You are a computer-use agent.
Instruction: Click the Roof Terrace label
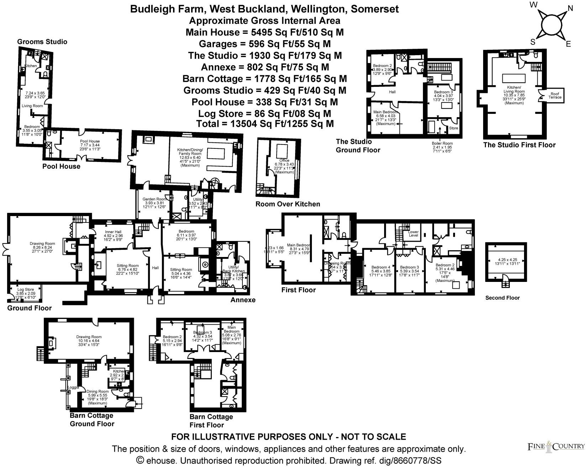pos(555,95)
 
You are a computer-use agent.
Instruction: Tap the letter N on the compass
pos(570,9)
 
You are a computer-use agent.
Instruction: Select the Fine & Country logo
pos(556,446)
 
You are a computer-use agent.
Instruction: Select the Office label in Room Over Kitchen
pos(284,161)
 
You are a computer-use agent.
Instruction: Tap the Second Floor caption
pos(502,298)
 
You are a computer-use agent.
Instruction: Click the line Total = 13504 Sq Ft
pos(265,124)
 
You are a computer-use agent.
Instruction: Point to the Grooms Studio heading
pos(42,42)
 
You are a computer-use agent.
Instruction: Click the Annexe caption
pos(243,300)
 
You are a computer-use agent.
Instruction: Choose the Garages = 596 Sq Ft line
pos(265,44)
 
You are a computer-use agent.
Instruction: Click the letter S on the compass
pos(533,42)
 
